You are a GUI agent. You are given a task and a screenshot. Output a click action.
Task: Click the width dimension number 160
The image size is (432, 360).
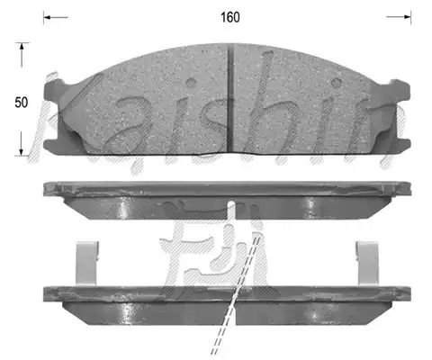tap(230, 17)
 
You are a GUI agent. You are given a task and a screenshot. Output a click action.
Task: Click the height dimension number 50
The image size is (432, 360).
tap(22, 103)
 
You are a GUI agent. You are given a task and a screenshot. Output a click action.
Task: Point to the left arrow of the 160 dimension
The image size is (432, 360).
tap(56, 17)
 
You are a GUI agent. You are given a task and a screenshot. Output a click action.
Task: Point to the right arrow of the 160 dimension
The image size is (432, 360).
tap(399, 17)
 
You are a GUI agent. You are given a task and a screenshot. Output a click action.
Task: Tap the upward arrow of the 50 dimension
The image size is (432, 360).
tap(22, 55)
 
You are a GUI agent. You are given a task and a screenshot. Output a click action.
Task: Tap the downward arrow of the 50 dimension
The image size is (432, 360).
tap(22, 144)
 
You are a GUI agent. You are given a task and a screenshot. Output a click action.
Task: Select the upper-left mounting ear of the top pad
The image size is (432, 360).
tap(55, 87)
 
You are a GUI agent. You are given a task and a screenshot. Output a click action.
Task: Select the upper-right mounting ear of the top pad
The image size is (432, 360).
tap(400, 89)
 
